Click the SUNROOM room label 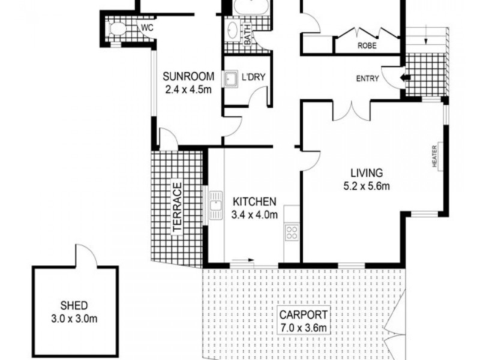[x=189, y=76]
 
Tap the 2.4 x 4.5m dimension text [x=189, y=91]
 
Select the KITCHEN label [x=254, y=202]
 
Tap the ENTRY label [x=367, y=78]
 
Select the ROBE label [x=367, y=44]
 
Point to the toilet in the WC [x=118, y=28]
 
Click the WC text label [x=146, y=28]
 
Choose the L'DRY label [x=253, y=77]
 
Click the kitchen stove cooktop [x=292, y=232]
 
